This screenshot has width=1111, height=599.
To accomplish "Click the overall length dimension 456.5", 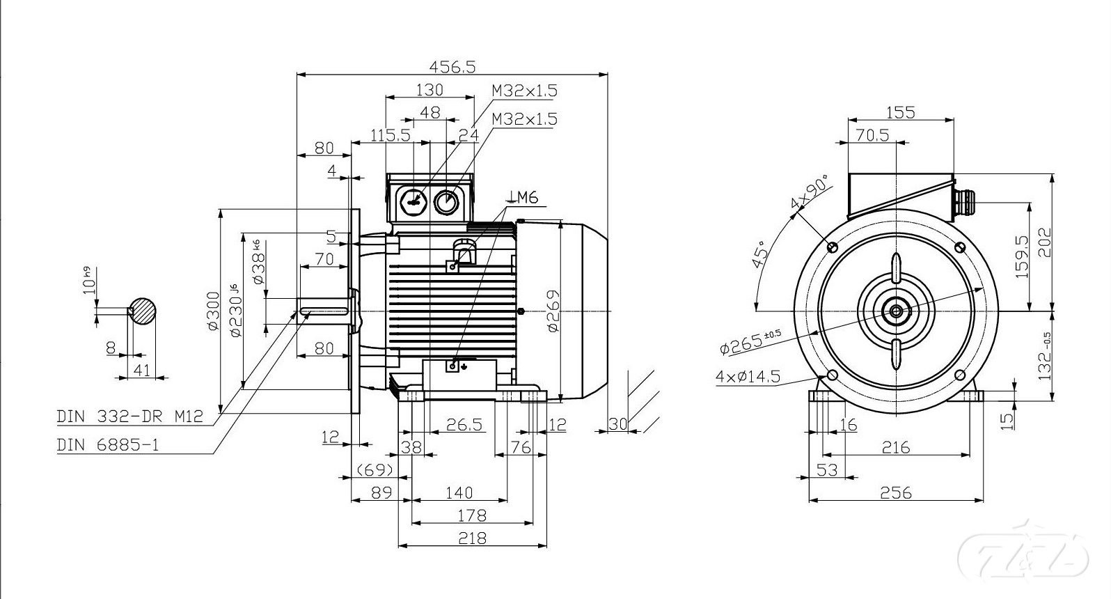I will click(x=452, y=66).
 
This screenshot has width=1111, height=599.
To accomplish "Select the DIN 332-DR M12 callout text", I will click(x=129, y=417).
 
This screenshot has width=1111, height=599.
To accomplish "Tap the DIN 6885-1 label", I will click(x=108, y=444).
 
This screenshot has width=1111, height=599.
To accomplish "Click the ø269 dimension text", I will click(x=553, y=311).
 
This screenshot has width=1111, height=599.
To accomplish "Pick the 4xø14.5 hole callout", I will click(x=748, y=377).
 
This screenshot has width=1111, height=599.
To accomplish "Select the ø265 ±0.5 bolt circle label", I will click(x=751, y=341).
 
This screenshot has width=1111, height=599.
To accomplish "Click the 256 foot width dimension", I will click(x=896, y=492).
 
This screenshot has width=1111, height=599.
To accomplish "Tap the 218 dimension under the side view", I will click(x=473, y=538).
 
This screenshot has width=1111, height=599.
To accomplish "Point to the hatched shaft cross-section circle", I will click(x=143, y=311).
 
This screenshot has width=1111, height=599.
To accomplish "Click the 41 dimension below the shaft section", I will click(x=142, y=371).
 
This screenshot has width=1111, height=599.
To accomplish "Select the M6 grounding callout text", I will click(x=526, y=198).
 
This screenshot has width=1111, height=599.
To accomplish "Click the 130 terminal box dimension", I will click(x=430, y=90).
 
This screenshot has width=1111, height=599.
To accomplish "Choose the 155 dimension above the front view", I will click(x=901, y=112).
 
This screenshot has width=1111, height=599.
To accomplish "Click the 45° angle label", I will click(x=759, y=254).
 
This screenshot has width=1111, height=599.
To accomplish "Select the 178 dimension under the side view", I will click(x=473, y=515).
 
